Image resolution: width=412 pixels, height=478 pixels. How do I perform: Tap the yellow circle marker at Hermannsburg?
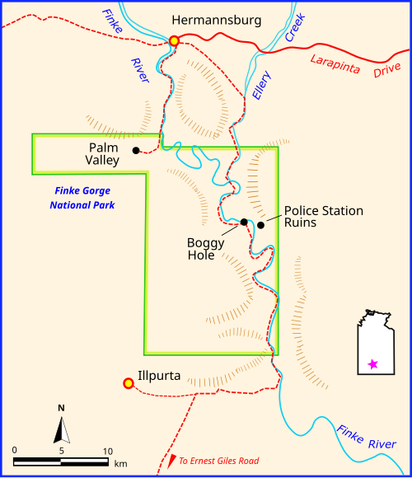tap(174, 40)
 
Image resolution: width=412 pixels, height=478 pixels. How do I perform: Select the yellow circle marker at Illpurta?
tap(128, 383)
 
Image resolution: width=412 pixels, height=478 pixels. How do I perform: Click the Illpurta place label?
tap(160, 373)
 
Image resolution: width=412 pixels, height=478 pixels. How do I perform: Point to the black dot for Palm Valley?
tap(135, 150)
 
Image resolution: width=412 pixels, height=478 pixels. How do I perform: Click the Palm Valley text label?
tap(104, 154)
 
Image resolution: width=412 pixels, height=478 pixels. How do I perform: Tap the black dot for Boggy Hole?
tap(244, 222)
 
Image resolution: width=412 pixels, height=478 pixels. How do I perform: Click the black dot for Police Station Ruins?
tap(260, 225)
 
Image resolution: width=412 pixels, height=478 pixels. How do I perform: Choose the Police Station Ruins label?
tap(323, 216)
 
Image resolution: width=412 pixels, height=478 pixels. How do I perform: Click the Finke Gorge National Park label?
tap(82, 198)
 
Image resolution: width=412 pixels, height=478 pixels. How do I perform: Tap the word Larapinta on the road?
tap(336, 62)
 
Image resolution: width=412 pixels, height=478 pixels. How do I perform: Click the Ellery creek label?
tap(260, 84)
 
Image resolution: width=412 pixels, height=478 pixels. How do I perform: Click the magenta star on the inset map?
tap(372, 363)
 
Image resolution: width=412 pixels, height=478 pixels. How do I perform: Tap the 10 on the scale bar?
tap(107, 451)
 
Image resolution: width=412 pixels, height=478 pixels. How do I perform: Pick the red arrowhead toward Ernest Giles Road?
tap(171, 462)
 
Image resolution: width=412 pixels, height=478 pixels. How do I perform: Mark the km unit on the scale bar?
tap(120, 463)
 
